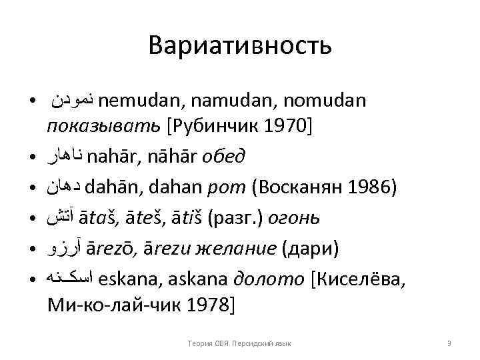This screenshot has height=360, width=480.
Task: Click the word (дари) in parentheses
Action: coord(311,248)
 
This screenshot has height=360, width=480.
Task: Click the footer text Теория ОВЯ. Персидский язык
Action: coord(240,343)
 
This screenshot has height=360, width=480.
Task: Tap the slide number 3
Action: coord(449,343)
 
